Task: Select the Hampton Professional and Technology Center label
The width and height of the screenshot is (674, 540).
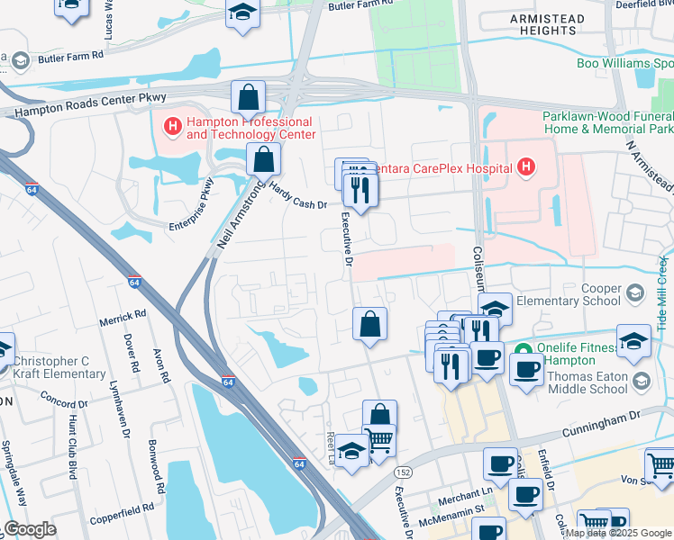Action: click(x=250, y=128)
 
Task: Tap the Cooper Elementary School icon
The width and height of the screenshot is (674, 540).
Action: click(x=636, y=292)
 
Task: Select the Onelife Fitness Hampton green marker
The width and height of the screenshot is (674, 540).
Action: click(x=520, y=350)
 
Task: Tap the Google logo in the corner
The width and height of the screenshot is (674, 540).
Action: click(x=31, y=529)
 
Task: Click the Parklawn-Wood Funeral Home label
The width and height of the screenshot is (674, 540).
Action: click(x=607, y=123)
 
